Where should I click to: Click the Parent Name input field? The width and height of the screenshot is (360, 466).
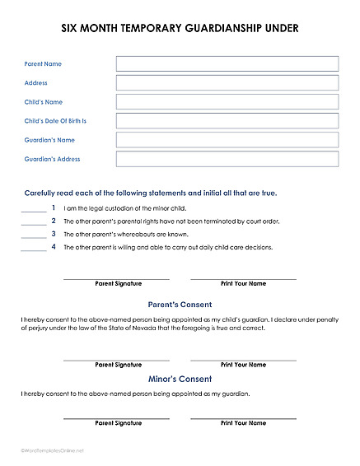click(x=227, y=64)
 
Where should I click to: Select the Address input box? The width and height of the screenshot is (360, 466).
click(x=227, y=83)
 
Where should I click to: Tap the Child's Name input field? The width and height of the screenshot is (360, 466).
click(x=227, y=102)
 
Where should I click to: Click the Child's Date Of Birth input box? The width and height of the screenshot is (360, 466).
click(x=227, y=121)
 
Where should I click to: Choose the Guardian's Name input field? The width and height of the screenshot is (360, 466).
click(x=227, y=140)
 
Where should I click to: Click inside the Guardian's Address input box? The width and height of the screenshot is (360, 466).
click(x=227, y=159)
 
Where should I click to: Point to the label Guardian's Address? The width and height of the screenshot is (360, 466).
click(x=53, y=159)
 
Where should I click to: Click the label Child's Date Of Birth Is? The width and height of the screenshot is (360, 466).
click(x=55, y=121)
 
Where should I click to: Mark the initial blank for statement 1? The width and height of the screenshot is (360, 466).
click(x=34, y=210)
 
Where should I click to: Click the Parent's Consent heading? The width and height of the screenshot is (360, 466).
click(x=180, y=305)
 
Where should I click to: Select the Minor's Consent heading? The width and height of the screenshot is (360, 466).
click(x=180, y=380)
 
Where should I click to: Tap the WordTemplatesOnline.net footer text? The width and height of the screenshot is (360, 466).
click(x=53, y=450)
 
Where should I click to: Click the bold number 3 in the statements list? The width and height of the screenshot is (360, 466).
click(x=54, y=234)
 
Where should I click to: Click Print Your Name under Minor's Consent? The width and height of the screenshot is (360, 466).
click(x=243, y=423)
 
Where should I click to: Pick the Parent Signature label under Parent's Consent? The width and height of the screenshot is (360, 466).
click(x=119, y=365)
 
